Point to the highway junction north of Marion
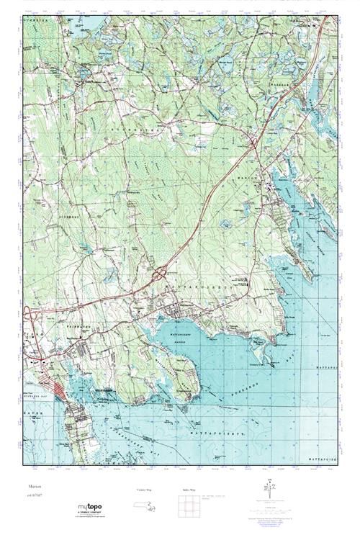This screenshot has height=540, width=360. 255,144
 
